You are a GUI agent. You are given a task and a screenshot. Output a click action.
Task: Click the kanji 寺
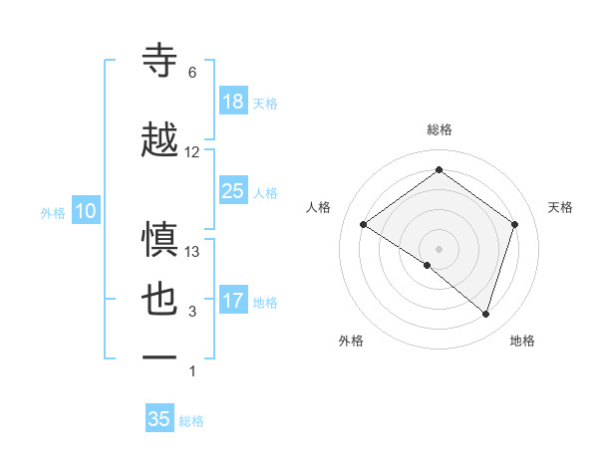click(161, 61)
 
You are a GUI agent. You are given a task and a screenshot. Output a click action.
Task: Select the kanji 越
click(161, 139)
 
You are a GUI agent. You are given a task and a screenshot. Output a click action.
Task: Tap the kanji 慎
click(161, 240)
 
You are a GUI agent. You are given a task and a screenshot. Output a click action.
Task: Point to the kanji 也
click(161, 300)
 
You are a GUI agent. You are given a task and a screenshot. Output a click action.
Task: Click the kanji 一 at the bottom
click(161, 356)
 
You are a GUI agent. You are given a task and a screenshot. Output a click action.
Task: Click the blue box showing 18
click(233, 102)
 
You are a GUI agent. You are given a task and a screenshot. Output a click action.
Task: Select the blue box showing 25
click(233, 191)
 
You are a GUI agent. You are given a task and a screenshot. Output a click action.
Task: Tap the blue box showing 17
click(233, 301)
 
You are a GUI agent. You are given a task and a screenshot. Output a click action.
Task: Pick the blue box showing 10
click(85, 211)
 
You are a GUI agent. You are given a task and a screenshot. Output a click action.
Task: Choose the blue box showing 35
click(159, 419)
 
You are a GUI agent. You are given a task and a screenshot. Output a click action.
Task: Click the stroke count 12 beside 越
click(192, 152)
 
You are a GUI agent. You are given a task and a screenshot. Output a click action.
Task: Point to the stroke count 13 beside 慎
click(192, 252)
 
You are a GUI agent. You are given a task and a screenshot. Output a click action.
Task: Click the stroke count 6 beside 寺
click(192, 73)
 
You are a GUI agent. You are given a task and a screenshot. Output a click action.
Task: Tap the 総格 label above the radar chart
click(439, 129)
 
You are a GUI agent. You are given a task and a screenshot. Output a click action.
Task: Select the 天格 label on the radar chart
click(560, 207)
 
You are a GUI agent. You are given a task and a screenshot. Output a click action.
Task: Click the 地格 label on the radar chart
click(522, 341)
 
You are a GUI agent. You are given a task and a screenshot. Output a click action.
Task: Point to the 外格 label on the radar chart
click(351, 341)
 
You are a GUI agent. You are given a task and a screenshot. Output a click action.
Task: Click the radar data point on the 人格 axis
click(364, 225)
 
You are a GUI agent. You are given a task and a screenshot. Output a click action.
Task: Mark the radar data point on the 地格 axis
click(486, 314)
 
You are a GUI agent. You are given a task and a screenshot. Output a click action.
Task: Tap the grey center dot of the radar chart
click(439, 247)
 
